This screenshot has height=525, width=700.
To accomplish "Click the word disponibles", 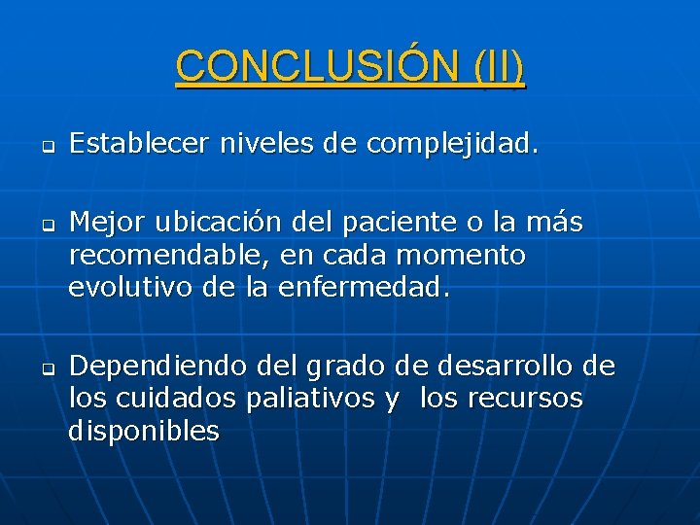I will pos(144,431).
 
